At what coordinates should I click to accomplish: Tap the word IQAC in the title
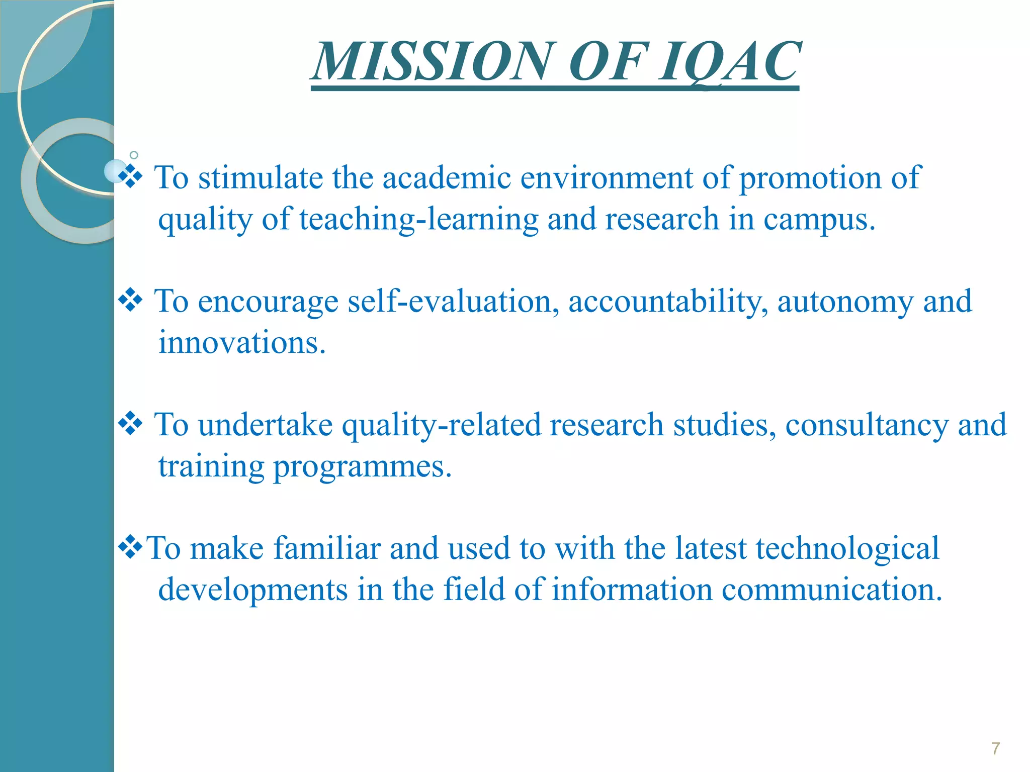click(x=729, y=62)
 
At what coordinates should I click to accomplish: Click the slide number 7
click(x=995, y=748)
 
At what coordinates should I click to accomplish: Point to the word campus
click(x=819, y=220)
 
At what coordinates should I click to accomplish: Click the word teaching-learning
click(x=419, y=220)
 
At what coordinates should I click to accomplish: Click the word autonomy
click(x=845, y=302)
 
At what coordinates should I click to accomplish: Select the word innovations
click(x=242, y=343)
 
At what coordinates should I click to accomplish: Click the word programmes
click(x=362, y=466)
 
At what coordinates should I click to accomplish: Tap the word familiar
click(x=327, y=548)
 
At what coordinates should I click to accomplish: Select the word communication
click(x=832, y=589)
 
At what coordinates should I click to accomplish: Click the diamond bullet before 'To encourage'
click(x=130, y=300)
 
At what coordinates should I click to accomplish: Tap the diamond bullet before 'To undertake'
click(x=130, y=423)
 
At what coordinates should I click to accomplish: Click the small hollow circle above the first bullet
click(x=134, y=155)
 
